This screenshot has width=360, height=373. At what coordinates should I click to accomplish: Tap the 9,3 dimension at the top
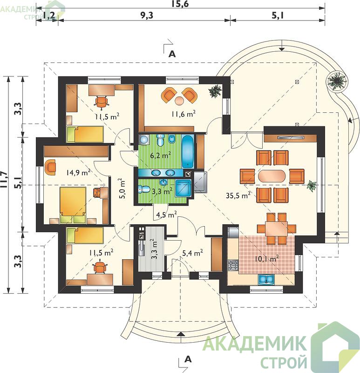tap(147, 15)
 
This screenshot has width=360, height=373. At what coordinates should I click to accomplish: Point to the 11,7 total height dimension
tap(5, 180)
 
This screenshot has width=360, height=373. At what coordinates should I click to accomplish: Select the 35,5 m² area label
tap(238, 196)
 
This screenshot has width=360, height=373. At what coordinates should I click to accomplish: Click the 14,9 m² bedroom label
tap(79, 172)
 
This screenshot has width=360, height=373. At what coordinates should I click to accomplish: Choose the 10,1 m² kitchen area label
tap(266, 258)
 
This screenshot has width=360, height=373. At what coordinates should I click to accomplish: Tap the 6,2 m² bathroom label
tap(161, 156)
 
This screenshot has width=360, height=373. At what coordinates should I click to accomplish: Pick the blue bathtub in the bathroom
tap(188, 151)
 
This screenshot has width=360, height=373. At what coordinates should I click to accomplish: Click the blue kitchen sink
tap(266, 279)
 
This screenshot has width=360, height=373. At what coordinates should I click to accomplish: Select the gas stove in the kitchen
tap(233, 265)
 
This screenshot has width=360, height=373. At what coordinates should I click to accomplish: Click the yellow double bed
tap(73, 205)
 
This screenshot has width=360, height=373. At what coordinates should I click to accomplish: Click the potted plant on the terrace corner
tap(336, 80)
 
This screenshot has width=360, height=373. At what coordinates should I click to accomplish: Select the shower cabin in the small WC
tap(183, 188)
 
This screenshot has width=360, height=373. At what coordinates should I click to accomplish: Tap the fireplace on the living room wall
tap(291, 138)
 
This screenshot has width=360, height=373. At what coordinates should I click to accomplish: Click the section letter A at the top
tap(172, 54)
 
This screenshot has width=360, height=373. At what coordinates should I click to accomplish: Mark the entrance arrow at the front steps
tap(181, 334)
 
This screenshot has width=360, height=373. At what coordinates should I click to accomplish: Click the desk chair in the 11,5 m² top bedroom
tap(102, 102)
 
